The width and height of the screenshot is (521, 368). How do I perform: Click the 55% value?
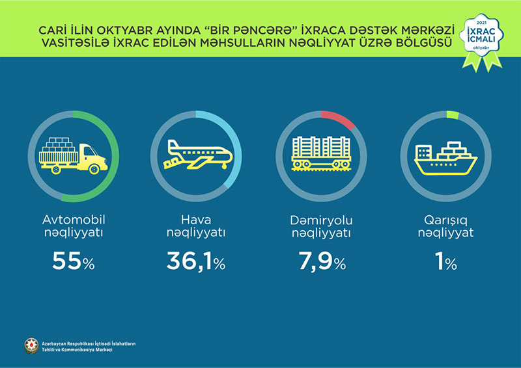tap(73, 262)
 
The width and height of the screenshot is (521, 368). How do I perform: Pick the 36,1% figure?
tap(196, 262)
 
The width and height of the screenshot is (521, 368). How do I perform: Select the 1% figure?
tap(446, 262)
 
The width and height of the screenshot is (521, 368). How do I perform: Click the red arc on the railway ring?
tap(339, 117)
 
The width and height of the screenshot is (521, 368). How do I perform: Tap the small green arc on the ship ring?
tap(453, 114)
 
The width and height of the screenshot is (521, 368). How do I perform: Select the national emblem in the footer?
tap(31, 346)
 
